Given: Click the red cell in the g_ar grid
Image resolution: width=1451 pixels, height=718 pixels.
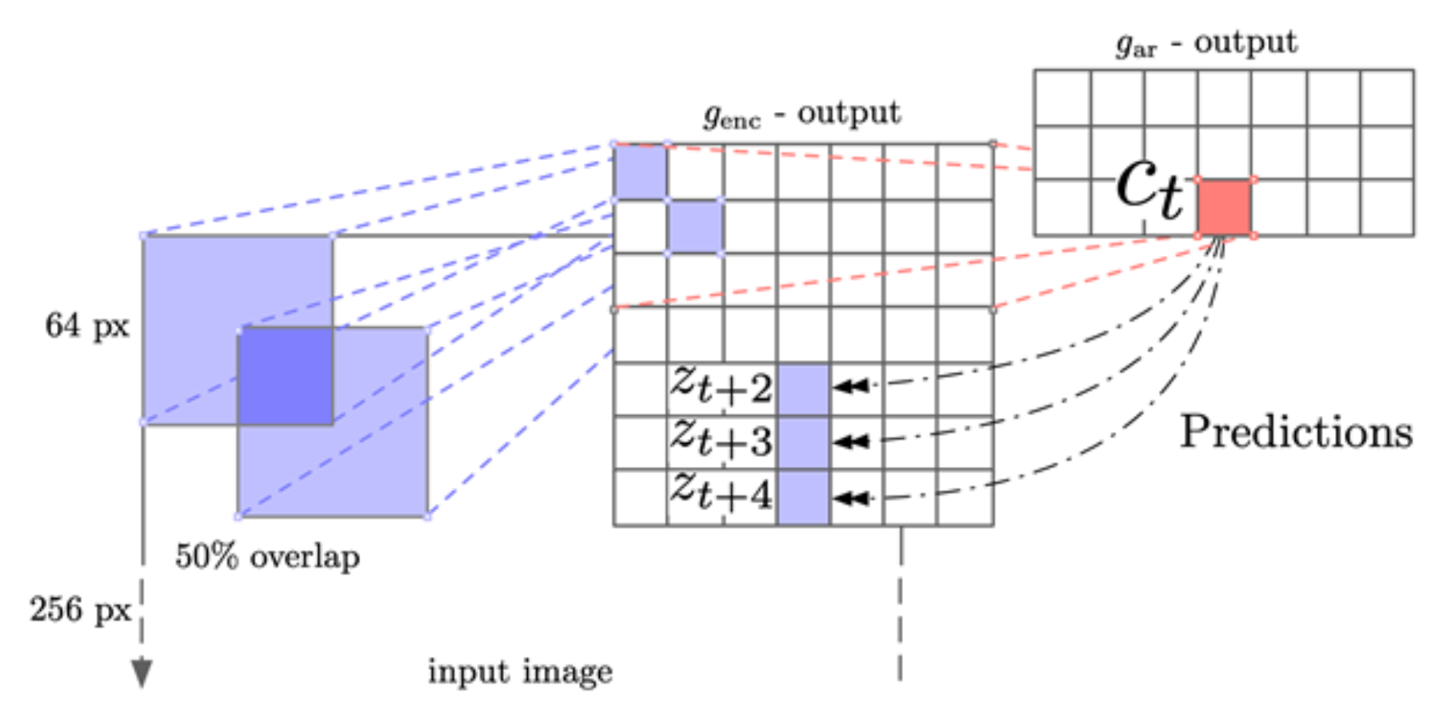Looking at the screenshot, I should coord(1225,207).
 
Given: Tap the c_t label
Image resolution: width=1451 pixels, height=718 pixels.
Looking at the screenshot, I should coord(1149,188).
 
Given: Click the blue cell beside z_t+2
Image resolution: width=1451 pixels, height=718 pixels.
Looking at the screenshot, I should coord(803,389).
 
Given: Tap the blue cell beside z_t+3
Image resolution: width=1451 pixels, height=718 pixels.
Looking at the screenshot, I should coord(803,442).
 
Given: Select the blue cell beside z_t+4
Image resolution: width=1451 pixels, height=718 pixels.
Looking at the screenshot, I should coord(803,497).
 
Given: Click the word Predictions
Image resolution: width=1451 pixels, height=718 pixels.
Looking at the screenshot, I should coord(1296,433).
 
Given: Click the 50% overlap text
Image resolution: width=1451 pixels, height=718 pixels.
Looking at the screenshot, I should coord(267,556).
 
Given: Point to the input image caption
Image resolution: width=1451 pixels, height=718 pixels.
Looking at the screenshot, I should coord(520,672).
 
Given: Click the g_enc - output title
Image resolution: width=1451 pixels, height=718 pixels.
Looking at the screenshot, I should coord(802,114).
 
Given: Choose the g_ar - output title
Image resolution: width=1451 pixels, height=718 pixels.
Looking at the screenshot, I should coord(1206,44).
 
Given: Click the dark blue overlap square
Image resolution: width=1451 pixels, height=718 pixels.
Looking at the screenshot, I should coord(286,376).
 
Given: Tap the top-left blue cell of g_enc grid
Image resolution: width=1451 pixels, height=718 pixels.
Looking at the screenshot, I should coord(640,172).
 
